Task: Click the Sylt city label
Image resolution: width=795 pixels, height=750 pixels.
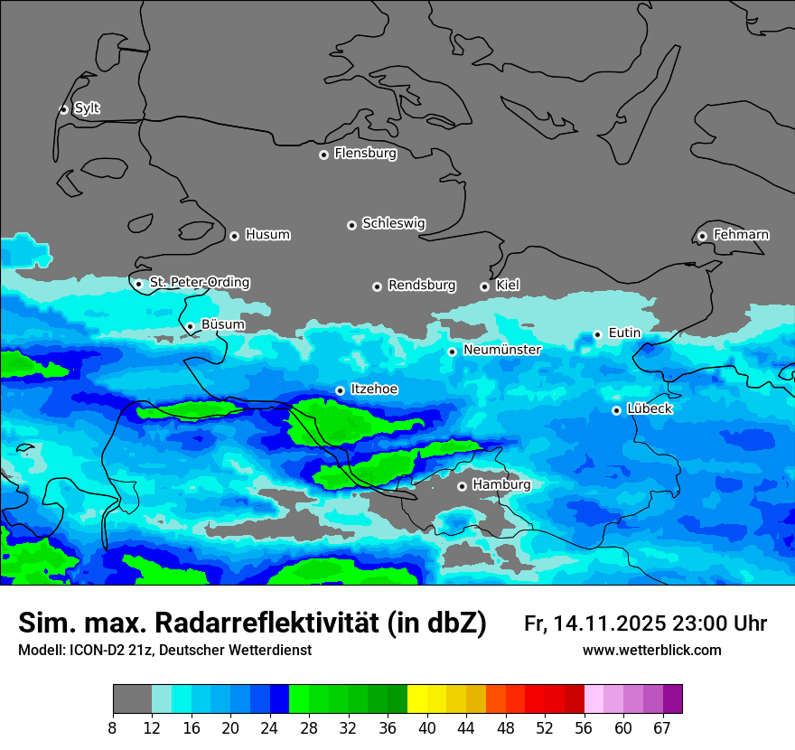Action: click(x=87, y=108)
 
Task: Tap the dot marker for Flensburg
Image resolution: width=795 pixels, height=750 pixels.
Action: click(x=323, y=155)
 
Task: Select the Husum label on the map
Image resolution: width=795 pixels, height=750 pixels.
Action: click(x=267, y=235)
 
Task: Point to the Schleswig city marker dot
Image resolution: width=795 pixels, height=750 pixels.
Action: click(x=351, y=225)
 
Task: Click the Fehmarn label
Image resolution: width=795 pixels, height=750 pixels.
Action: click(x=741, y=235)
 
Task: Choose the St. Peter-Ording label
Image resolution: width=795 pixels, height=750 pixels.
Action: click(x=199, y=283)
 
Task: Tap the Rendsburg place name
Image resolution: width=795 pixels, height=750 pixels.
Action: click(x=422, y=286)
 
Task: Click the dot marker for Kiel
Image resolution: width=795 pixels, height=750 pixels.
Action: click(x=484, y=286)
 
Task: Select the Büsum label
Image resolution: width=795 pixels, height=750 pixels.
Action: click(x=222, y=324)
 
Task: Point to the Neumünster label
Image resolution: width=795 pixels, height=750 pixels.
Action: click(x=502, y=350)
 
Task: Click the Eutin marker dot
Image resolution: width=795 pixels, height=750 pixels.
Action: click(x=597, y=334)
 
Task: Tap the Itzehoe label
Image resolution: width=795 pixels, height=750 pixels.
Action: click(x=374, y=389)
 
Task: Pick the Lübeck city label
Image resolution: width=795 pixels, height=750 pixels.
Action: click(x=650, y=409)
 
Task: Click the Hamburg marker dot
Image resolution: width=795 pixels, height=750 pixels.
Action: click(x=462, y=486)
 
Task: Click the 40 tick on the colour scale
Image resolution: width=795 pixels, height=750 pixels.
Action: click(x=427, y=727)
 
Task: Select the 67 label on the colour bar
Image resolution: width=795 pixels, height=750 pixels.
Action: click(x=662, y=727)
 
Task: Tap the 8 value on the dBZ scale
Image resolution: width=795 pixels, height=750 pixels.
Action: click(x=113, y=727)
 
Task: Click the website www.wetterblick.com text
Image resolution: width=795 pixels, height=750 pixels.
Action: click(x=651, y=651)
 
